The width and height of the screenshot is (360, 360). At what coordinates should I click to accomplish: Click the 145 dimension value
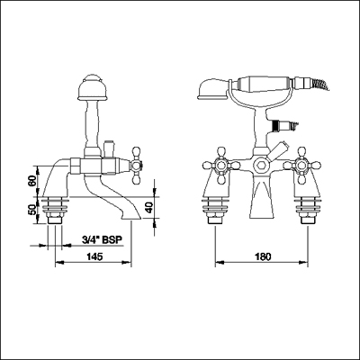pos(94,256)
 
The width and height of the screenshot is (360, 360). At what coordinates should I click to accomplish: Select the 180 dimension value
pos(263,256)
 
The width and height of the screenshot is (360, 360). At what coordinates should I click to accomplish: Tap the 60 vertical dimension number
pos(32,181)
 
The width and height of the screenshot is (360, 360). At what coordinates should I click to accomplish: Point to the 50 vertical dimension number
pos(32,209)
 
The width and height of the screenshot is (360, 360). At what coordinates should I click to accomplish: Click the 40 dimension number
pos(149,208)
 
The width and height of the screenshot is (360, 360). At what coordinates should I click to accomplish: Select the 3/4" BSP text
pos(102,239)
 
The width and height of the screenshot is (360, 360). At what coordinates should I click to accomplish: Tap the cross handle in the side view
pos(136,165)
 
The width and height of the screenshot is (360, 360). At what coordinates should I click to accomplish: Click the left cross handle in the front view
pos(221,166)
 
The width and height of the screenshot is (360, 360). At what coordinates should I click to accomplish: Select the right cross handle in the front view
pos(302,166)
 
